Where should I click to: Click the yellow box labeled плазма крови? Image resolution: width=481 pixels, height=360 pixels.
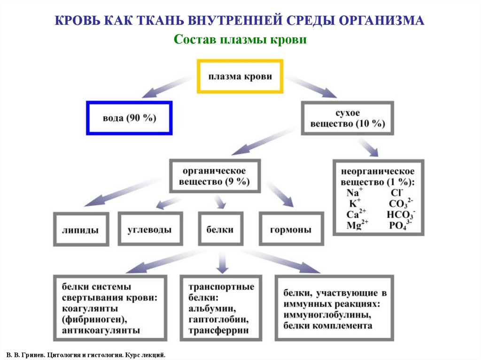coord(240,76)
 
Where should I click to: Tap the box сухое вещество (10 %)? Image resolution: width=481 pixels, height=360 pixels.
coord(347,119)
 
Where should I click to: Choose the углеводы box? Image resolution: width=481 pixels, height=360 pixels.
coord(149,230)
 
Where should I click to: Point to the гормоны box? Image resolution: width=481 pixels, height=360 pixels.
coord(291,230)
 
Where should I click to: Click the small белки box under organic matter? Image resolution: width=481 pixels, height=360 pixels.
coord(220,230)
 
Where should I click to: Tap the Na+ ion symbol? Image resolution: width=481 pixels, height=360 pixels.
coord(355,193)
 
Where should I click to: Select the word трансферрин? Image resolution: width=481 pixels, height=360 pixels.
coord(218,330)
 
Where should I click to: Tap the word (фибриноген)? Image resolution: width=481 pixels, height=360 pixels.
coord(94,320)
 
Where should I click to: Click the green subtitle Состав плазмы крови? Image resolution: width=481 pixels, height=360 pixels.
coord(240,40)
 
